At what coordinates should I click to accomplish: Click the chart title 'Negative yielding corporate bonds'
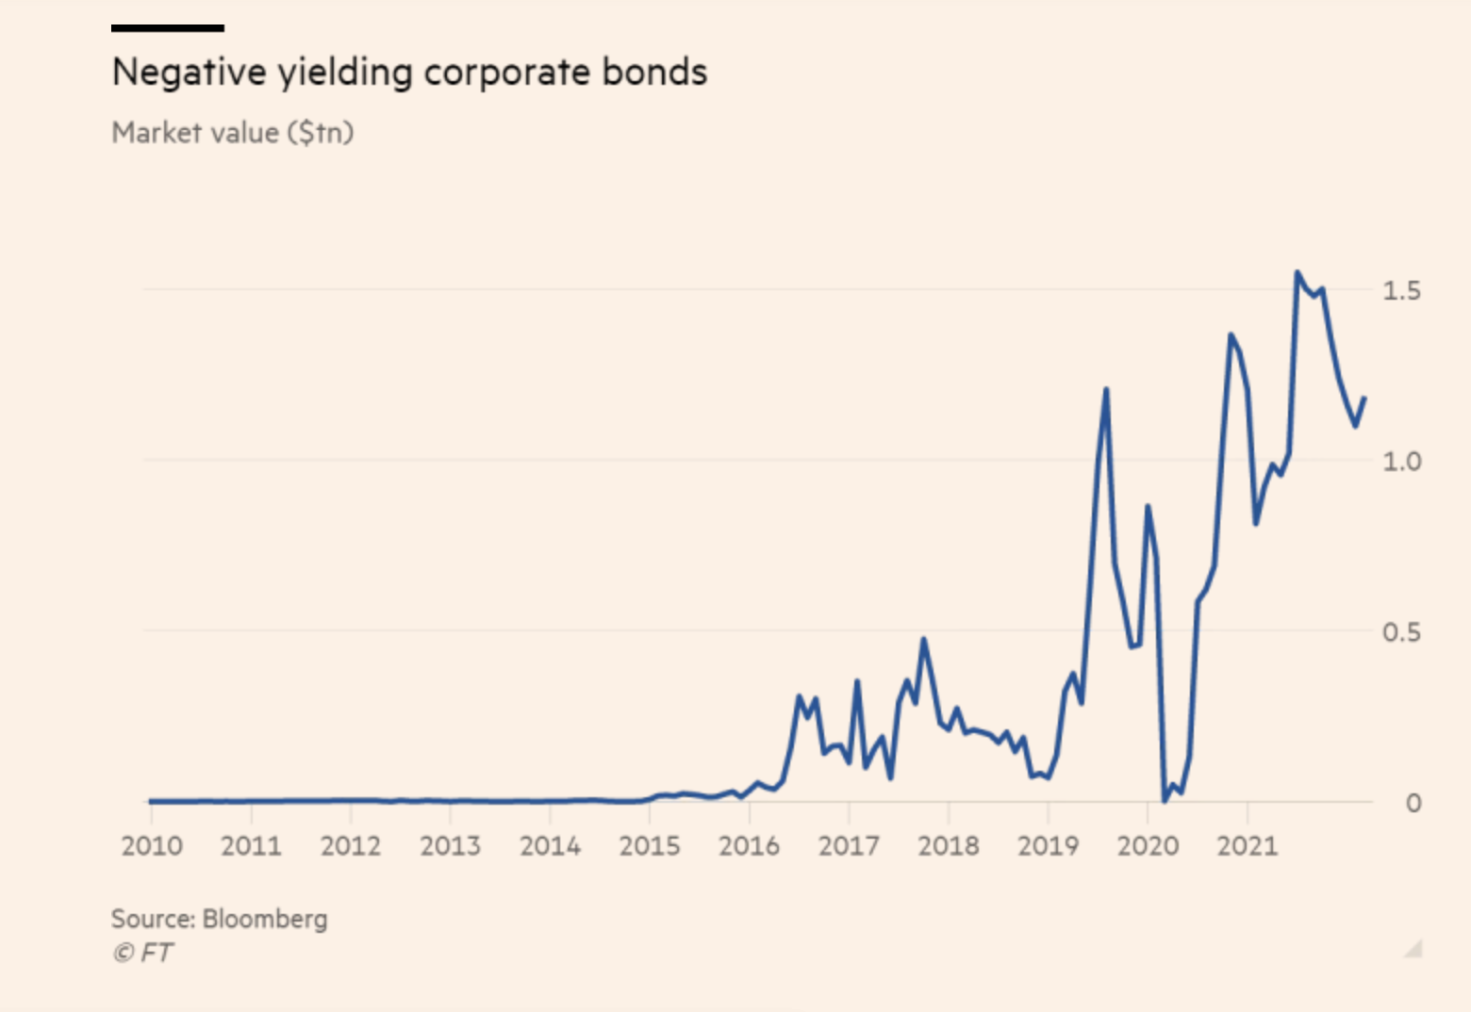pos(409,73)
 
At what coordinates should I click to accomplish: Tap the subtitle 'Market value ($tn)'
pos(233,133)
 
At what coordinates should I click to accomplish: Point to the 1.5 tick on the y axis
pos(1401,290)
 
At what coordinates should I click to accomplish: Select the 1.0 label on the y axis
pos(1401,461)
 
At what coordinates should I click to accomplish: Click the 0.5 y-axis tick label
pos(1401,632)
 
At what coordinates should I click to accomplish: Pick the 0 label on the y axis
pos(1413,803)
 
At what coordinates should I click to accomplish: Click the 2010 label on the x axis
pos(152,845)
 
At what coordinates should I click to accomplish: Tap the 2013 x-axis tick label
pos(450,845)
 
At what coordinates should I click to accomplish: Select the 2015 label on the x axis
pos(650,845)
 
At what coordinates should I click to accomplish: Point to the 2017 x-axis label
pos(849,845)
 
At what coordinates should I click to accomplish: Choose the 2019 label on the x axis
pos(1048,845)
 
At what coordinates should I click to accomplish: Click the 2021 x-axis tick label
pos(1247,845)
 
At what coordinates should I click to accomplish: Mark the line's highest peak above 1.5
pos(1297,273)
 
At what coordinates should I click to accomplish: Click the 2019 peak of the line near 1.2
pos(1106,389)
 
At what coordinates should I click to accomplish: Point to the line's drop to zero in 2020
pos(1165,800)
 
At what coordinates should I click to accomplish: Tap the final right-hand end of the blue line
pos(1364,399)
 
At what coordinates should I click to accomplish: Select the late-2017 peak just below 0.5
pos(923,640)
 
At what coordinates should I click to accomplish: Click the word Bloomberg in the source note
pos(265,919)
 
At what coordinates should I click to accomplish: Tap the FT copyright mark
pos(142,953)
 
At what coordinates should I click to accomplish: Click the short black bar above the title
pos(167,28)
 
